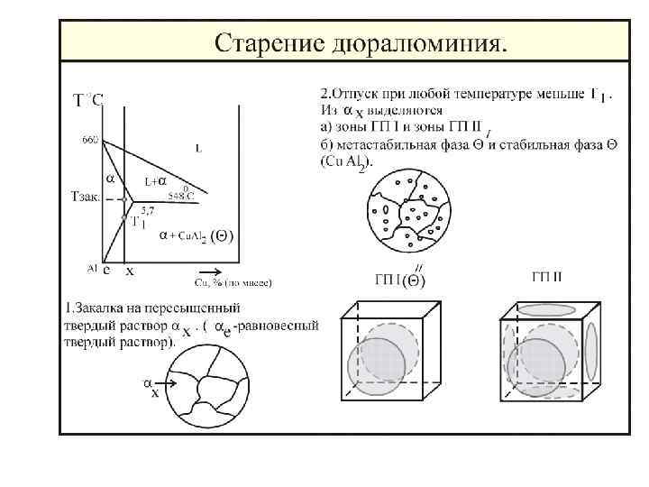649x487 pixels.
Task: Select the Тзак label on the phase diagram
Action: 87,196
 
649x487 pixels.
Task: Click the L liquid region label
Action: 198,146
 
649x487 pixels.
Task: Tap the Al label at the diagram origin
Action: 92,267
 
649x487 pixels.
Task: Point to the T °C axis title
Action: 87,100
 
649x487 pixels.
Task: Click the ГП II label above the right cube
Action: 546,276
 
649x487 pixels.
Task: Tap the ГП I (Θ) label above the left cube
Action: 400,277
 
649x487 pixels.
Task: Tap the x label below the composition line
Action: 130,270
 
